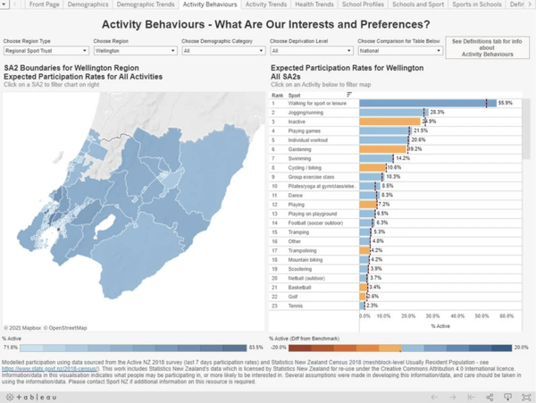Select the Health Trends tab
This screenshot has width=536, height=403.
314,4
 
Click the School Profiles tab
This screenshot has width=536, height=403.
362,4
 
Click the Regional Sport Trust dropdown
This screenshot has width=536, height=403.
45,51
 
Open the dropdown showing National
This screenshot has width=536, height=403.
399,51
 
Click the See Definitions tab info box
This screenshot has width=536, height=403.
489,47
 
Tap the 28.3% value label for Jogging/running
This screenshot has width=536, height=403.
438,112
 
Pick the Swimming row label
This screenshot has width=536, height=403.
299,157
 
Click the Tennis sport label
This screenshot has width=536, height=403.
295,306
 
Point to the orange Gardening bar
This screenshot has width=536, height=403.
384,148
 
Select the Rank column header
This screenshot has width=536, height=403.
277,94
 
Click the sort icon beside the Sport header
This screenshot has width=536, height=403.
349,94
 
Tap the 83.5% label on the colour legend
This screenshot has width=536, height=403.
255,348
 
